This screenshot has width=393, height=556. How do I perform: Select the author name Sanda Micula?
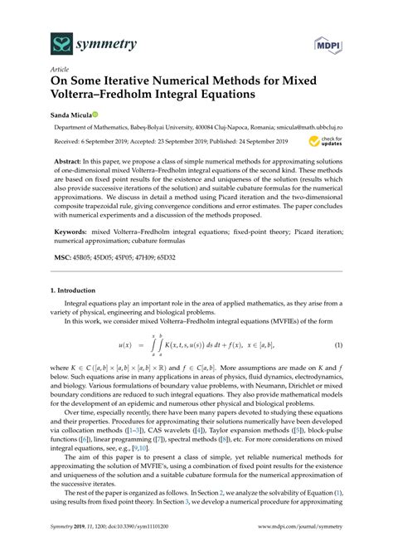coord(72,115)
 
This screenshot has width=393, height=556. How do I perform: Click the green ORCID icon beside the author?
coord(97,115)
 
